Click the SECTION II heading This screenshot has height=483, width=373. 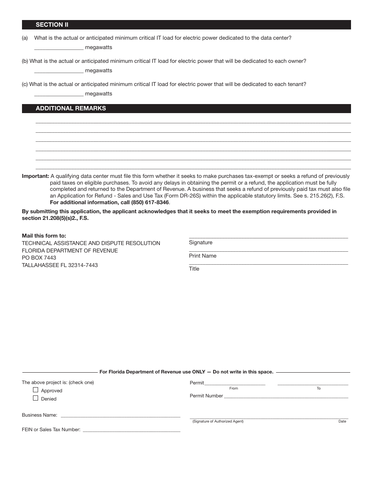pos(52,25)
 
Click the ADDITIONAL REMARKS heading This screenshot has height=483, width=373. pos(71,108)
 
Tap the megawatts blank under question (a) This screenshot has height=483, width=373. pos(59,48)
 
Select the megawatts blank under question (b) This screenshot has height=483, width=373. pos(59,71)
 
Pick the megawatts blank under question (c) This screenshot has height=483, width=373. pos(59,94)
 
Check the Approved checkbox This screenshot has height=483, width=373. pos(36,390)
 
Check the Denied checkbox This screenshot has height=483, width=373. pos(36,398)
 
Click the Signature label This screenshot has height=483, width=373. pos(201,243)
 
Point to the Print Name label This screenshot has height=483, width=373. pos(203,256)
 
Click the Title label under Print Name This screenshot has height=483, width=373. pos(194,269)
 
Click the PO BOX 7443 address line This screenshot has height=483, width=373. pos(39,258)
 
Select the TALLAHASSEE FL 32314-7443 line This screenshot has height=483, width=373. pos(60,265)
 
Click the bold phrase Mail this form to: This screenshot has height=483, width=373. pos(44,236)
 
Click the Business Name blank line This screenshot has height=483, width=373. pos(120,415)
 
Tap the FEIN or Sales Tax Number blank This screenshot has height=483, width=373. pos(131,430)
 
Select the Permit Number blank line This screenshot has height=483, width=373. pos(286,397)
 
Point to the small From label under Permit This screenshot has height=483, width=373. pos(234,388)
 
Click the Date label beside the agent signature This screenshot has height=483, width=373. pos(342,422)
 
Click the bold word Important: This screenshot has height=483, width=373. pos(35,176)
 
